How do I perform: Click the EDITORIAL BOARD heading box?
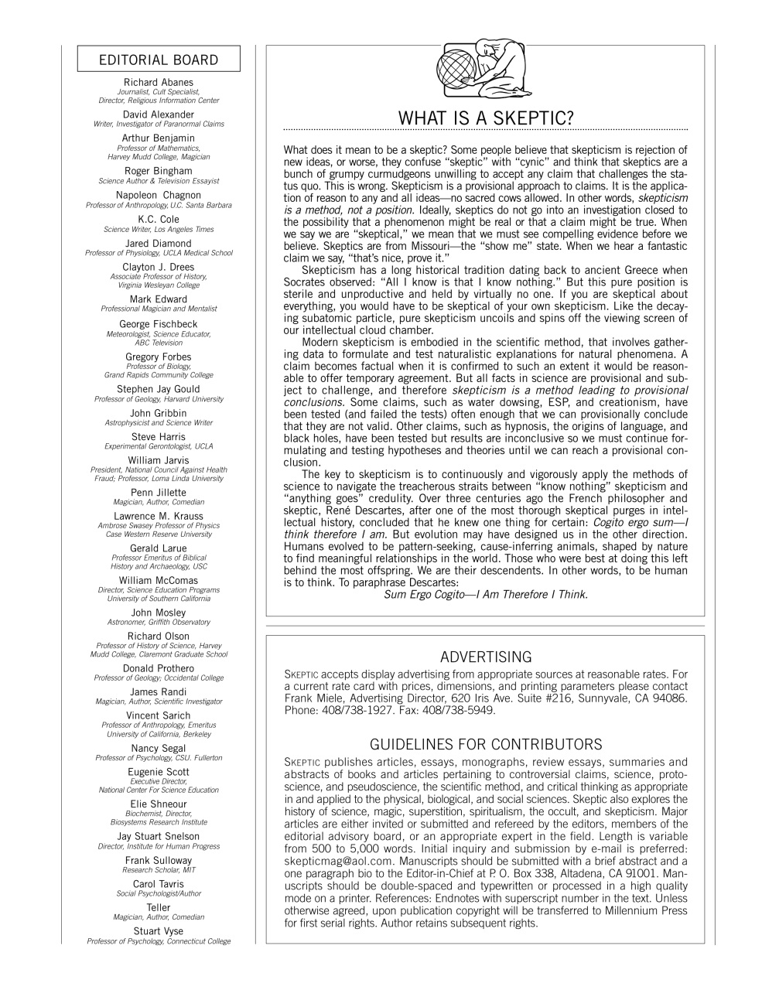[159, 60]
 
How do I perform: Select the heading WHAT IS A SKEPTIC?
[485, 118]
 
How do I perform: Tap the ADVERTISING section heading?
[485, 657]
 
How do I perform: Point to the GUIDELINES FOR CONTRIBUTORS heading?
[485, 745]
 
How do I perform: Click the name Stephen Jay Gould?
[159, 389]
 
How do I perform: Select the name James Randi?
[159, 692]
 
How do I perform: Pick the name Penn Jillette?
[159, 493]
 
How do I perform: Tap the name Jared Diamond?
[159, 244]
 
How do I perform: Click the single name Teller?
[159, 908]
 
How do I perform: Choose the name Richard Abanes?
[159, 83]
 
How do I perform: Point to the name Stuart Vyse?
[159, 931]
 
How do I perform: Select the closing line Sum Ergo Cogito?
[485, 595]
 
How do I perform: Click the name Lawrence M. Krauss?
[159, 517]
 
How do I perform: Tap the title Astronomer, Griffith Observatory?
[159, 622]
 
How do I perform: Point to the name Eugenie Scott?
[159, 772]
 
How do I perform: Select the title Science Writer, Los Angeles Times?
[159, 230]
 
